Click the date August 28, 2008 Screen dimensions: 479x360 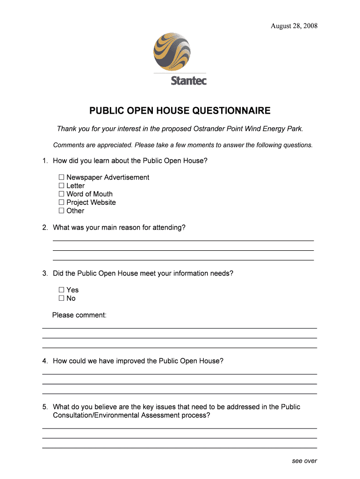(x=294, y=26)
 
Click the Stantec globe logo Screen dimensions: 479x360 (x=173, y=52)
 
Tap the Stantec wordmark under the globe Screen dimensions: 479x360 (x=188, y=80)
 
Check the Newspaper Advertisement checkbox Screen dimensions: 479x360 (x=61, y=177)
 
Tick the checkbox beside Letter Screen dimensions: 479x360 (x=61, y=186)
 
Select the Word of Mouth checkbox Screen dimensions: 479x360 (x=61, y=194)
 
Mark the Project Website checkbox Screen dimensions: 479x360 (x=61, y=203)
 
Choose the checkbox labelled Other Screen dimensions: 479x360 (x=61, y=211)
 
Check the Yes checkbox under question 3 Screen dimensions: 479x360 (x=61, y=290)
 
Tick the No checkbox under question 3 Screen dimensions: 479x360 (x=61, y=298)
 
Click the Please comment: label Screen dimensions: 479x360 (x=79, y=315)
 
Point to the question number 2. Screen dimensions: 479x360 (x=44, y=228)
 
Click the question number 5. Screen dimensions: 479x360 (x=44, y=407)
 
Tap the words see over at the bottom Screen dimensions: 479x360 (x=304, y=461)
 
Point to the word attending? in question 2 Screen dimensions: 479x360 (x=168, y=228)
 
